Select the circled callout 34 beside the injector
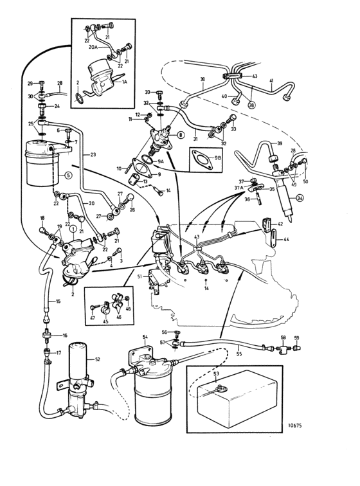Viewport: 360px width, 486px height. click(299, 199)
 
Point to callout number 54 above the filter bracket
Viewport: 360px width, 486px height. click(145, 337)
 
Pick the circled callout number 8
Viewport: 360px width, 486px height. click(181, 135)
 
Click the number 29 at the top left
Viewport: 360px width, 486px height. click(30, 84)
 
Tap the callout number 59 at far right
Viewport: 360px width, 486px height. click(296, 337)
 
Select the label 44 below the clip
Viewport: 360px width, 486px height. click(287, 239)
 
